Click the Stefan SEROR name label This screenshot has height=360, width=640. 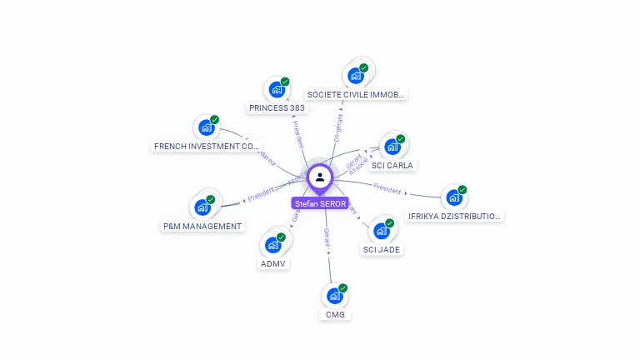coord(320,203)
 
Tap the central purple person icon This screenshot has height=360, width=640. coord(320,177)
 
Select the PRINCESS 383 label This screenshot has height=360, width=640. coord(277,107)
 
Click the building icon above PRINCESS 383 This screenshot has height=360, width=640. coord(277,89)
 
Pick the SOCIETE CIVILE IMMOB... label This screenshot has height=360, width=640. coord(356,94)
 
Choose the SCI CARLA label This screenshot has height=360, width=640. coord(392,165)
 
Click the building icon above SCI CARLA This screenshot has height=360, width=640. coord(392,146)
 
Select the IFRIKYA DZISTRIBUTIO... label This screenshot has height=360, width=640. coord(455,216)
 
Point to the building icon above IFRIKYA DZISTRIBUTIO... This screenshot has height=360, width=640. coord(454,197)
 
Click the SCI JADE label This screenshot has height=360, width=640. coord(382,249)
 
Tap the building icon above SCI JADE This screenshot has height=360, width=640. coord(382,230)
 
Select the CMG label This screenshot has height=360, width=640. coord(335,314)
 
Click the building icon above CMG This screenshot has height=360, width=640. coord(334,296)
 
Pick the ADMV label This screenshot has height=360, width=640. coord(273,263)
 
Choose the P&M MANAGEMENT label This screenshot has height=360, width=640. coord(202,226)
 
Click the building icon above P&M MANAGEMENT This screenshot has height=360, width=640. coord(202,207)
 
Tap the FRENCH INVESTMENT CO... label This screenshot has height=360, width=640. coord(207,146)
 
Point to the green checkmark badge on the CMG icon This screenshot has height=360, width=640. coord(342,288)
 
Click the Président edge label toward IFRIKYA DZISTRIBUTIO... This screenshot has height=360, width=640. coord(388,188)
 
